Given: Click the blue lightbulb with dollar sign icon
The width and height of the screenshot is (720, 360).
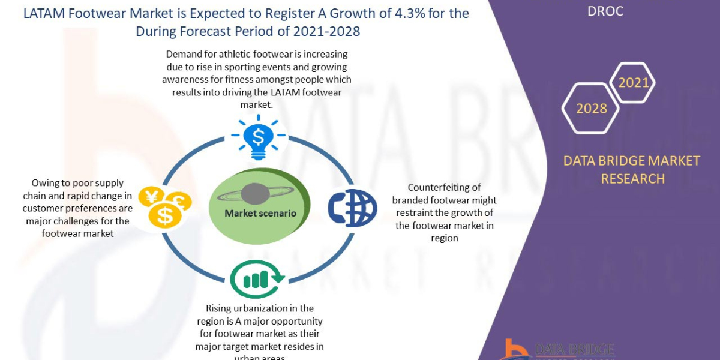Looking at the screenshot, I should pos(258,139).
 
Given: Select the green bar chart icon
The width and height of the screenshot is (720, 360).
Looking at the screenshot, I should pos(257,277).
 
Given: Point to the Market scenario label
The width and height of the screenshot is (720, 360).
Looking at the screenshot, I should pos(260,213).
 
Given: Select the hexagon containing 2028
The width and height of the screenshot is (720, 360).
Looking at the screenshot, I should pos(592,109).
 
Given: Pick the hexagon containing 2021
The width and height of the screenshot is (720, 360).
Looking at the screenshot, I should pos(634,83).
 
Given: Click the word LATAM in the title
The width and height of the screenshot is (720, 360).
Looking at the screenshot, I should pos(44,13).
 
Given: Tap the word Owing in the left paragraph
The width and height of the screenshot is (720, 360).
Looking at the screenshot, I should pos(44,182).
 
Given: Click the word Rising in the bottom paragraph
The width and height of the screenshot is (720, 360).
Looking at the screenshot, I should pos(220,308).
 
